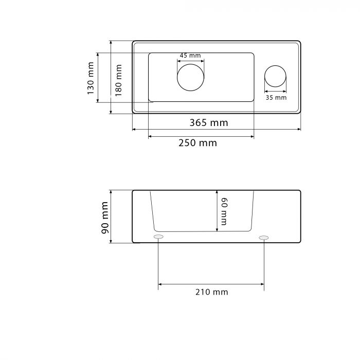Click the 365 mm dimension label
tap(209, 123)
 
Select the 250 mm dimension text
tap(197, 143)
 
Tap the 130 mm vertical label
tap(91, 78)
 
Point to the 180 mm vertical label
tap(118, 80)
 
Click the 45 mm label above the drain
tap(190, 56)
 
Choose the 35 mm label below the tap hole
tap(276, 98)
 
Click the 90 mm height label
tap(105, 218)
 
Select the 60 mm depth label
tap(224, 211)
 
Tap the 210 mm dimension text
tap(212, 292)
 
